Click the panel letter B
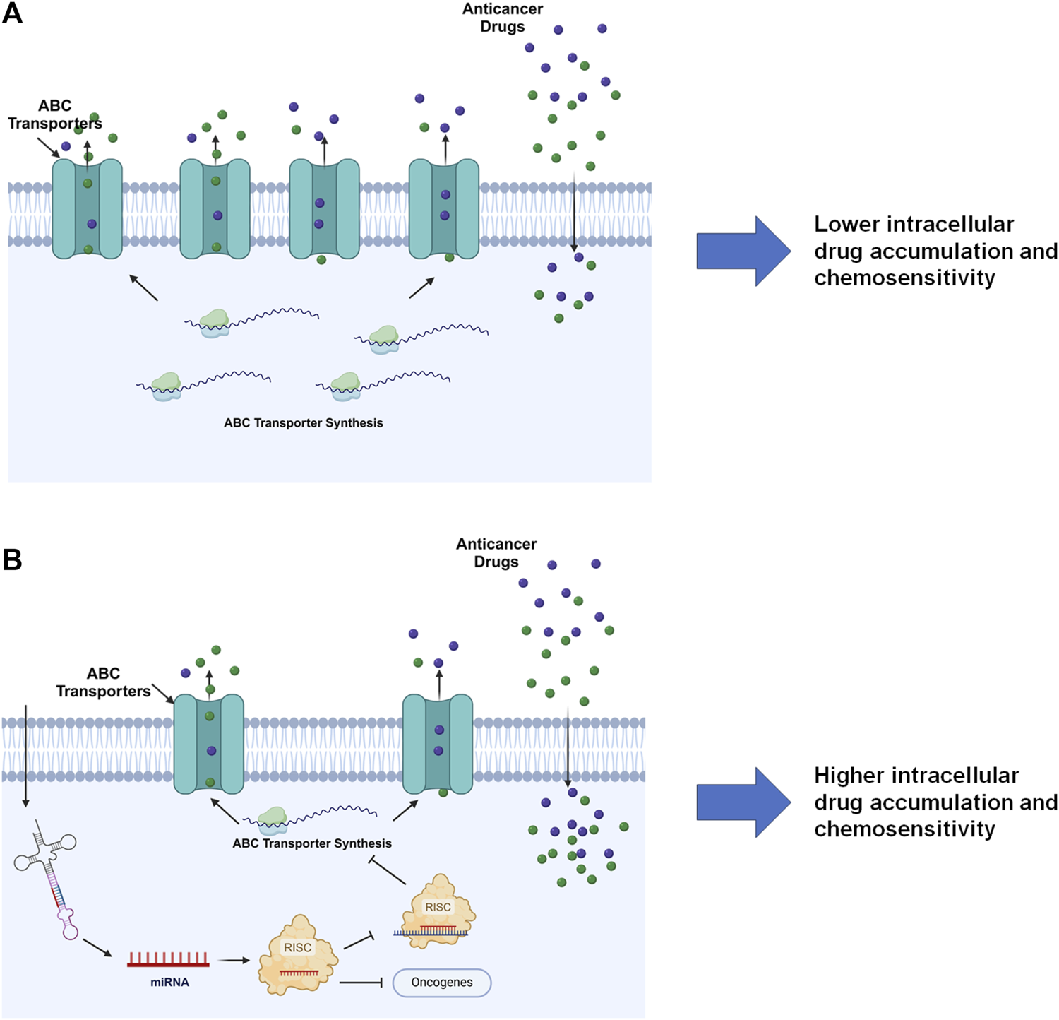tap(13, 559)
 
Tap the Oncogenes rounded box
tap(441, 983)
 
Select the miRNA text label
tap(169, 983)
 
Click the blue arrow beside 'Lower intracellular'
tap(743, 251)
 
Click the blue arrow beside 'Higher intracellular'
tap(743, 802)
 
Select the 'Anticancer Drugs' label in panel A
tap(503, 18)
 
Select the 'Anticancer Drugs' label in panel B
tap(496, 553)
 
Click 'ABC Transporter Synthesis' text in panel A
tap(304, 423)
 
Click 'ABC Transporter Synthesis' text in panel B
tap(312, 843)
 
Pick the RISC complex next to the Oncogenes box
tap(298, 954)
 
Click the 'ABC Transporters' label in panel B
tap(103, 682)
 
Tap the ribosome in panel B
tap(273, 818)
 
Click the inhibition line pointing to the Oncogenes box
tap(361, 983)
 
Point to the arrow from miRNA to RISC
tap(234, 961)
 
